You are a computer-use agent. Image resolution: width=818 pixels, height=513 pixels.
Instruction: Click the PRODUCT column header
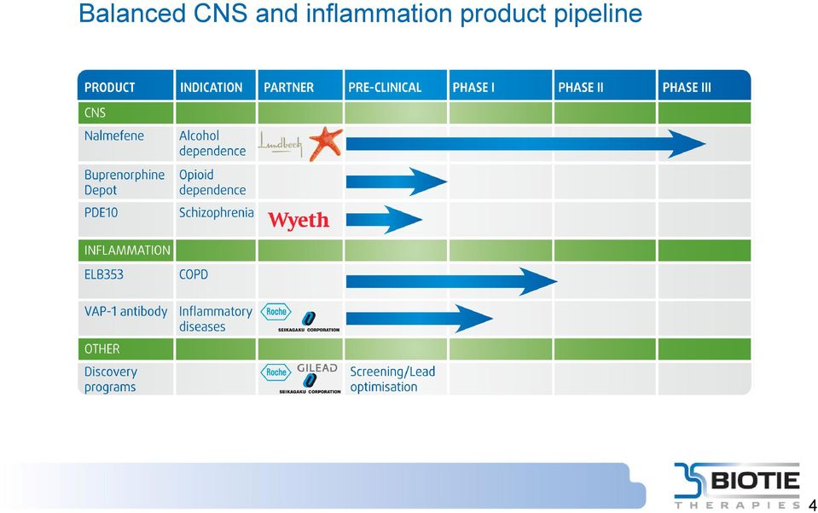tap(109, 88)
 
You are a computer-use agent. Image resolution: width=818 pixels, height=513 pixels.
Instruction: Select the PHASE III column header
tap(687, 88)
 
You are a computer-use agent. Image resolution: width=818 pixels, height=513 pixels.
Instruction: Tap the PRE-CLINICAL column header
tap(385, 88)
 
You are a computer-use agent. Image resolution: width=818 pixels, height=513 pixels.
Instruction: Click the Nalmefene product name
tap(114, 135)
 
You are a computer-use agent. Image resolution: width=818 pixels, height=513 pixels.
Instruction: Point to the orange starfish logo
tap(326, 143)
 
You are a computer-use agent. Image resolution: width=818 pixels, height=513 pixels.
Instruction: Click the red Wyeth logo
tap(299, 220)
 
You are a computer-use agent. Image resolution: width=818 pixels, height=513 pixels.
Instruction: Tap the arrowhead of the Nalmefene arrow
tap(687, 144)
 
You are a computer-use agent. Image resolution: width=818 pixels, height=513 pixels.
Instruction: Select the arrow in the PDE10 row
tap(384, 220)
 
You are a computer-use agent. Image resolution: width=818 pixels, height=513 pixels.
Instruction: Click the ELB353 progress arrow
tap(451, 281)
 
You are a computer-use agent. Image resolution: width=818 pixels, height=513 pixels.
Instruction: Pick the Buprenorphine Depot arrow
tap(397, 182)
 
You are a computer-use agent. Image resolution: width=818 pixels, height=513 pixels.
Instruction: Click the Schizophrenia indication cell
tap(217, 213)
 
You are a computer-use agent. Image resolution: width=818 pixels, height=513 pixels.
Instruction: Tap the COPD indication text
tap(194, 274)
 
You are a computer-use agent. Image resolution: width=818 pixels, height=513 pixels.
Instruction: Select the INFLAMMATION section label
tap(127, 251)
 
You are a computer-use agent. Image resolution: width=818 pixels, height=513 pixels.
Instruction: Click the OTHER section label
tap(102, 349)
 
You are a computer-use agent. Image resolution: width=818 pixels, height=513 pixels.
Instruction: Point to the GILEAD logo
tap(317, 368)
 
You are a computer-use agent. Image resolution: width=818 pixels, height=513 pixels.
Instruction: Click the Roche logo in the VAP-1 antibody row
tap(276, 312)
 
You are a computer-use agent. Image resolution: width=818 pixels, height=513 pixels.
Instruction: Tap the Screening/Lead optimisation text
tap(392, 379)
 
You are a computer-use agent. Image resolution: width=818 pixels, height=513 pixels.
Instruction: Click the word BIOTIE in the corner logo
tap(755, 480)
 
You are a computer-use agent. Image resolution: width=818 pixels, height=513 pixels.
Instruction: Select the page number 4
tap(812, 505)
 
